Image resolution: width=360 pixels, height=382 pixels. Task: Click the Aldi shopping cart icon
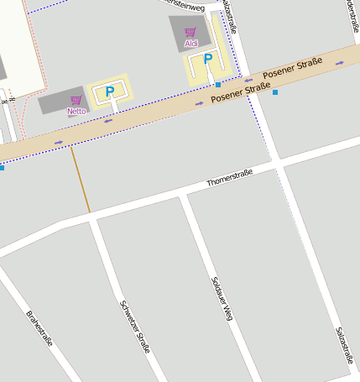click(190, 32)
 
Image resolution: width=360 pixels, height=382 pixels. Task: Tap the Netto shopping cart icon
click(76, 100)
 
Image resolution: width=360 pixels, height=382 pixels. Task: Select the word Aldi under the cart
click(190, 43)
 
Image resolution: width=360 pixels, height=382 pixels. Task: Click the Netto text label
click(76, 111)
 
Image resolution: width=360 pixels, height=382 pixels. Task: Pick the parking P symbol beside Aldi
click(207, 60)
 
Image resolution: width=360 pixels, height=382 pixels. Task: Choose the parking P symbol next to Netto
click(109, 91)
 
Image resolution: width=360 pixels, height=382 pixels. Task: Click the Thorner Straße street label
click(229, 176)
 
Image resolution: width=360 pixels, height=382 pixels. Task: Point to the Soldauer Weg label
click(221, 298)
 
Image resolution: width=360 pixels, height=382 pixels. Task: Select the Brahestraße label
click(39, 329)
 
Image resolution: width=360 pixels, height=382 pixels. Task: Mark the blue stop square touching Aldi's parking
click(217, 85)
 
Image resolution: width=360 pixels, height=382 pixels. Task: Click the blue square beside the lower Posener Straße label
click(274, 92)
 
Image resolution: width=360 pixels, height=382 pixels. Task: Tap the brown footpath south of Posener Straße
click(81, 180)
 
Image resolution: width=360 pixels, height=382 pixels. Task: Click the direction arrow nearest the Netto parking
click(108, 121)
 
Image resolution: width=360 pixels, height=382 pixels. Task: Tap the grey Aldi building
click(187, 33)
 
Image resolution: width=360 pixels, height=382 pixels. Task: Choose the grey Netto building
click(64, 101)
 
